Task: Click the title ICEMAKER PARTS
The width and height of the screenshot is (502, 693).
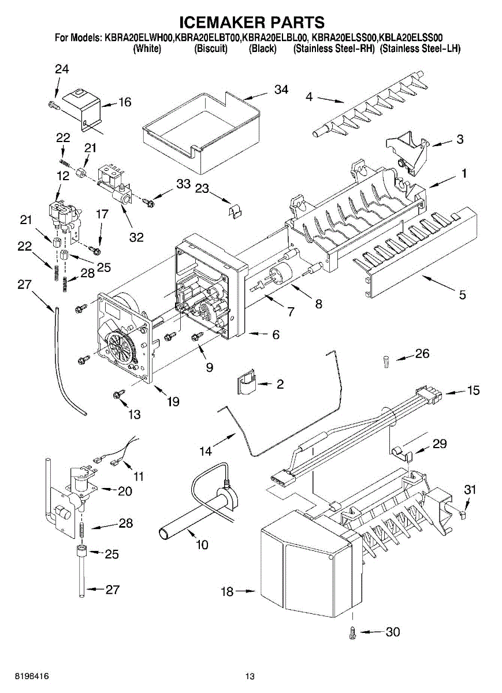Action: click(251, 23)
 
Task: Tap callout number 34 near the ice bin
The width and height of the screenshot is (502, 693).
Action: click(281, 90)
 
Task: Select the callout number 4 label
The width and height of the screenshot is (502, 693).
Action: click(310, 98)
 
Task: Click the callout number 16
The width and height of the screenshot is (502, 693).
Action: click(125, 102)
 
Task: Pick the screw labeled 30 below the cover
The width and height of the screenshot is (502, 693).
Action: click(353, 632)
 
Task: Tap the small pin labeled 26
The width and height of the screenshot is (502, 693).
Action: click(386, 360)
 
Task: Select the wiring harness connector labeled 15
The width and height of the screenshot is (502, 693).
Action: click(430, 395)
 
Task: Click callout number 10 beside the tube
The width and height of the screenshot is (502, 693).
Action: click(202, 544)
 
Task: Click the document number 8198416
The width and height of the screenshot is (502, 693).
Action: click(24, 676)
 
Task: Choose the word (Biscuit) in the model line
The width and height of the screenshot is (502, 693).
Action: click(211, 49)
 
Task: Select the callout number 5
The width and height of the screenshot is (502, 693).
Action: click(462, 295)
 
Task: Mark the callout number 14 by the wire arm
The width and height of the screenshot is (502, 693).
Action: click(206, 452)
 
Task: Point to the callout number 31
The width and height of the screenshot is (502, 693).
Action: click(471, 490)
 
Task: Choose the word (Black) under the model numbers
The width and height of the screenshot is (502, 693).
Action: click(262, 49)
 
